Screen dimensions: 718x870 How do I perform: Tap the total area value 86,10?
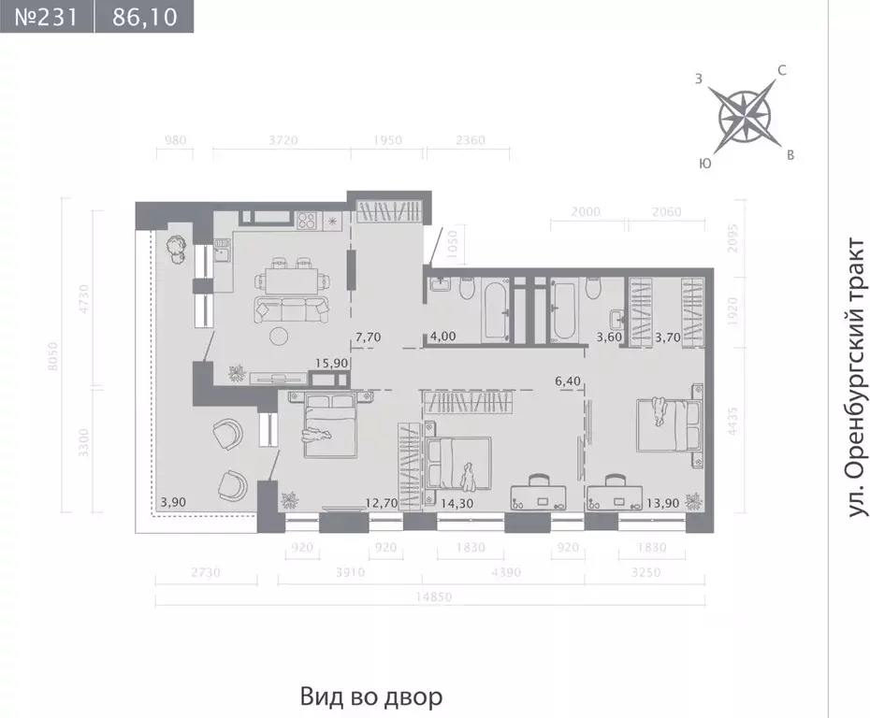click(143, 17)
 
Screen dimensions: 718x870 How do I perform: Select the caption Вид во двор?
click(371, 696)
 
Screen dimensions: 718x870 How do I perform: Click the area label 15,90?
click(335, 363)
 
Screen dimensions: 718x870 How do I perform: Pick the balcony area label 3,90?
click(172, 502)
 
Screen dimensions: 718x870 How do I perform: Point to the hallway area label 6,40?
click(570, 381)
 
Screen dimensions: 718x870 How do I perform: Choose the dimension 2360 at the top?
click(469, 141)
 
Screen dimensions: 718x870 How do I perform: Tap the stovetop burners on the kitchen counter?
click(307, 222)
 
